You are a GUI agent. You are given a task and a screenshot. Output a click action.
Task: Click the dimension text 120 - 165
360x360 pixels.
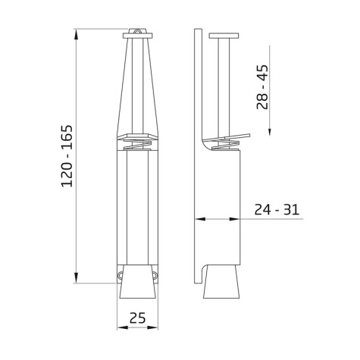pyautogui.click(x=67, y=155)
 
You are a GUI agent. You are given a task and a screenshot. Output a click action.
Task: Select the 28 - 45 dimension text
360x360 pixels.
pyautogui.click(x=261, y=86)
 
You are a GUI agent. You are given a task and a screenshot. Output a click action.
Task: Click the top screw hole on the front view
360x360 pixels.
pyautogui.click(x=136, y=31)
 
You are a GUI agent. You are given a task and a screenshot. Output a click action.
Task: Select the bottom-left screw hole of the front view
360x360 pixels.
pyautogui.click(x=121, y=275)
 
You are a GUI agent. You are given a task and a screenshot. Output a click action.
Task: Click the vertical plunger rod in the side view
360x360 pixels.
pyautogui.click(x=223, y=83)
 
